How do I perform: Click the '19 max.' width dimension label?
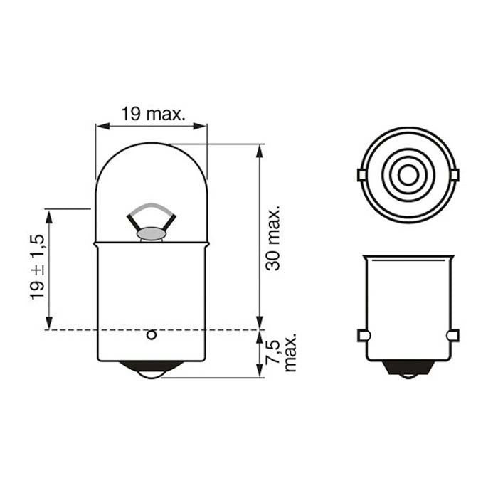pos(152,113)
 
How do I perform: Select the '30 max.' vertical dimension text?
pos(273,238)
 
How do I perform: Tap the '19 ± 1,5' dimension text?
pos(37,267)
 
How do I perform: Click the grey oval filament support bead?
pos(151,232)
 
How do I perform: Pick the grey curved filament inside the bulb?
pos(150,209)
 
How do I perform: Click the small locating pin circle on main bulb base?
pos(151,334)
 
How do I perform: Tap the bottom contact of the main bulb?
pos(151,369)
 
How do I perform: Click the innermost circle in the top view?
pos(408,175)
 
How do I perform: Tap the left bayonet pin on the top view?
pos(361,175)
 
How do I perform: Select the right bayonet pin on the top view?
pos(454,175)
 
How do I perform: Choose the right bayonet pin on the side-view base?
pos(452,335)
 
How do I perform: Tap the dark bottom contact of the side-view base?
pos(408,369)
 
